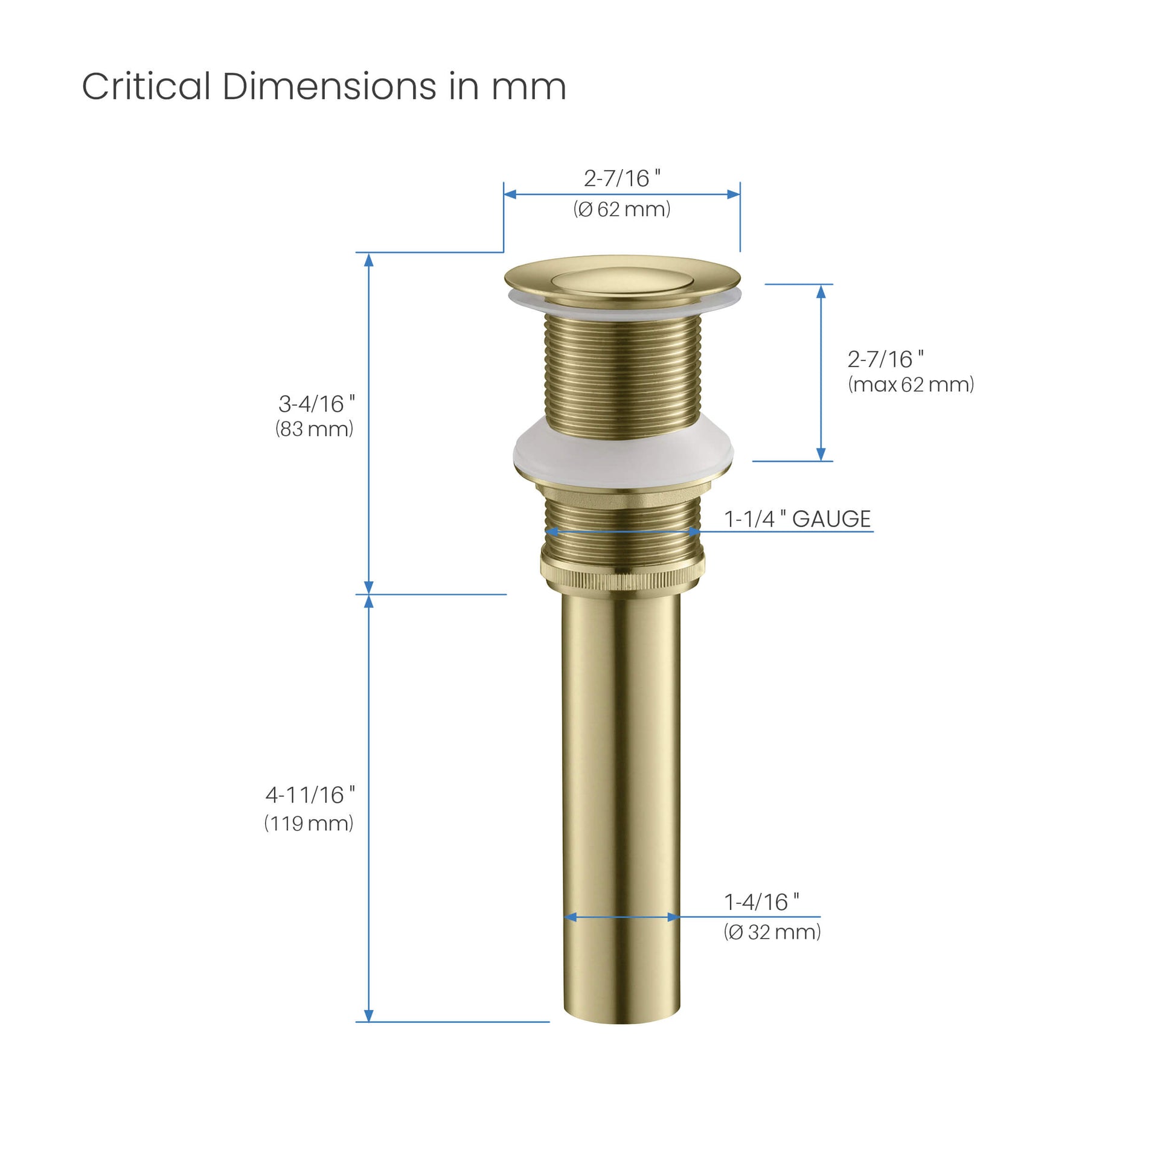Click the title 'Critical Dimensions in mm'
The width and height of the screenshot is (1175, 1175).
click(324, 86)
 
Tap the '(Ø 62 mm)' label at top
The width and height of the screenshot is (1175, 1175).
click(621, 209)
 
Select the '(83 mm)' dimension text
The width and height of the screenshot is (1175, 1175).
click(314, 429)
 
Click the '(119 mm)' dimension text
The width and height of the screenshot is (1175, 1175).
click(309, 824)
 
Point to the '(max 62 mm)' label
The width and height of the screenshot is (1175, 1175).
click(911, 385)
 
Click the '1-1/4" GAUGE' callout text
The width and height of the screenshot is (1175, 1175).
click(797, 519)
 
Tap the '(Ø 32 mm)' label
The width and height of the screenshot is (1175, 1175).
click(772, 932)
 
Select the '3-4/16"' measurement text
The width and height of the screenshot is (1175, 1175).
click(316, 403)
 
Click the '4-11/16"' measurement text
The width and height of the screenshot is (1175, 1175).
click(310, 795)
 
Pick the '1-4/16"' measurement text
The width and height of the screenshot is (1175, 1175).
click(761, 903)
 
